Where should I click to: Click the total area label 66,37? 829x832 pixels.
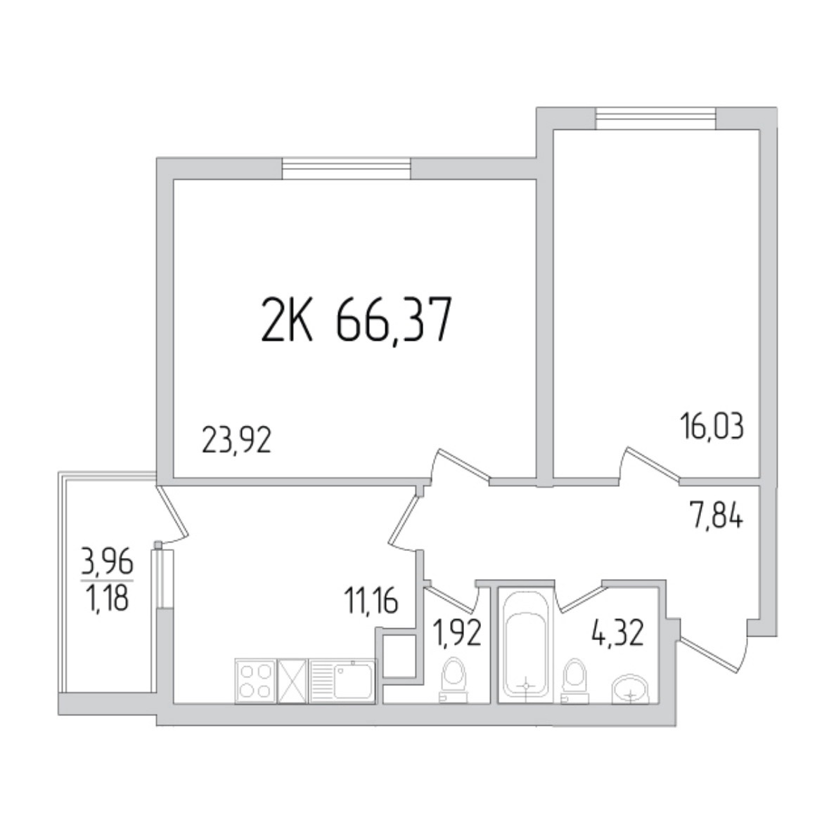click(x=394, y=320)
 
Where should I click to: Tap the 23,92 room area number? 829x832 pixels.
click(x=237, y=441)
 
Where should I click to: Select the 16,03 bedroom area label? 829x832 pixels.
click(x=712, y=427)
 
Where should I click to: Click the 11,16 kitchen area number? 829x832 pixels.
click(x=371, y=602)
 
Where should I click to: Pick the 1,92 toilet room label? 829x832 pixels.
click(x=457, y=633)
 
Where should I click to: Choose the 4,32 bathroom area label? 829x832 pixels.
click(x=617, y=633)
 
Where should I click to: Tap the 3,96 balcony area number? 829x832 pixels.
click(x=107, y=562)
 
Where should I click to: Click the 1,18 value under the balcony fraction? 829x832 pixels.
click(x=107, y=598)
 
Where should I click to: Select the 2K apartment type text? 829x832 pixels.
click(x=286, y=320)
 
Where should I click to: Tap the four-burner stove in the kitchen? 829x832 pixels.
click(x=255, y=681)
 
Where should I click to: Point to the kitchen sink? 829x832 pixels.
click(x=342, y=681)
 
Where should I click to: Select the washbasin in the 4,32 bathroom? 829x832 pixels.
click(x=631, y=689)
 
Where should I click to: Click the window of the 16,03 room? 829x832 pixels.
click(x=655, y=118)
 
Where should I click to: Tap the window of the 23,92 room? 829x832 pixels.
click(x=346, y=169)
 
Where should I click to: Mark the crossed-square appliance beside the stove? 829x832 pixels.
click(x=293, y=681)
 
